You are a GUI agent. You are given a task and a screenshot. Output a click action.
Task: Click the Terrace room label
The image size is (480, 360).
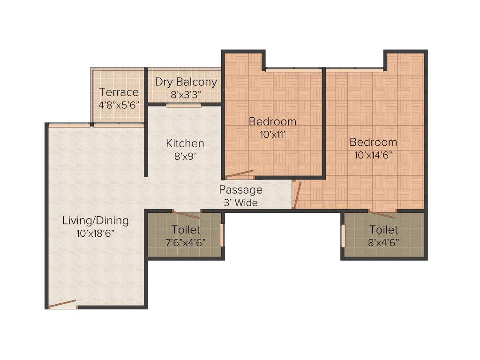[119, 92]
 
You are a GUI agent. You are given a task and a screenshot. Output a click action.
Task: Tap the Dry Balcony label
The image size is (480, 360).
[186, 82]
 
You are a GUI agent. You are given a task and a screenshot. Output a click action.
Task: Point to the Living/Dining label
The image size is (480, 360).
[96, 220]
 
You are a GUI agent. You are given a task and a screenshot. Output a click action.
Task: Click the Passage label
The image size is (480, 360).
[241, 190]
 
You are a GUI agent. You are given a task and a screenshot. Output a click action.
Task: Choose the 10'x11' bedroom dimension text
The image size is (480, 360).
[273, 134]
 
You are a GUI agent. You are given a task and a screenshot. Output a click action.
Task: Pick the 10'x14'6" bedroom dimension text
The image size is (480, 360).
[373, 155]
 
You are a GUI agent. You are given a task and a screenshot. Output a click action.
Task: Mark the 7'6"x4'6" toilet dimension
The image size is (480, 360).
[186, 242]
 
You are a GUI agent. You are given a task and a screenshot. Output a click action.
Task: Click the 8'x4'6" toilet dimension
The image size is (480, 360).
[383, 242]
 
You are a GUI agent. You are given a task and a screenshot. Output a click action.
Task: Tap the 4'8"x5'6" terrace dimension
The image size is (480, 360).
[119, 105]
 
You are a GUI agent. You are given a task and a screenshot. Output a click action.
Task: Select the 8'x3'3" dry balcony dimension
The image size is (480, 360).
[186, 94]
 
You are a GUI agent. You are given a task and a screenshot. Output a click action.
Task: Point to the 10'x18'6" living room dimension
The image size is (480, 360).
[96, 233]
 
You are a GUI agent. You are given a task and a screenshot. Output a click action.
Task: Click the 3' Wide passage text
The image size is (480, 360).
[241, 202]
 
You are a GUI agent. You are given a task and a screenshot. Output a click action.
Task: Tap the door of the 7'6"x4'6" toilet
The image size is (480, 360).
[187, 214]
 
